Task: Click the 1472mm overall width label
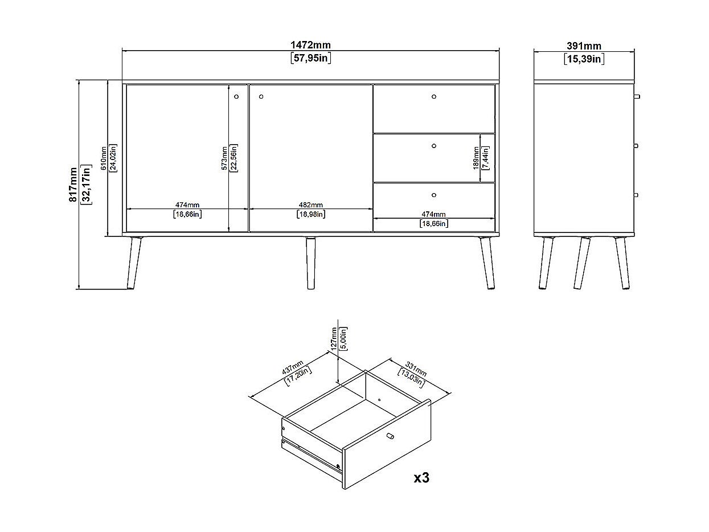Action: click(x=310, y=45)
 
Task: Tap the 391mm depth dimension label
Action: click(x=584, y=46)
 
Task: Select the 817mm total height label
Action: click(x=73, y=183)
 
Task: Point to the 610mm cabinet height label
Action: click(x=104, y=158)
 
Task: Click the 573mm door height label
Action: click(x=224, y=158)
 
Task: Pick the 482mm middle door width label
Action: click(x=310, y=205)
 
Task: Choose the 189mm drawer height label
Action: click(x=476, y=158)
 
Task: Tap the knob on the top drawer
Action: click(x=434, y=96)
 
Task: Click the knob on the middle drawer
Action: click(x=434, y=146)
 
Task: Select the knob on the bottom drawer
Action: click(x=434, y=195)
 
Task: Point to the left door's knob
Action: click(x=237, y=96)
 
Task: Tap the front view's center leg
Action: click(x=311, y=263)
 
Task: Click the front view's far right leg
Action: click(x=487, y=263)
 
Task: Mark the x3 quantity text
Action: click(x=421, y=477)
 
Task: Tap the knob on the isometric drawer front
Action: click(x=390, y=436)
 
